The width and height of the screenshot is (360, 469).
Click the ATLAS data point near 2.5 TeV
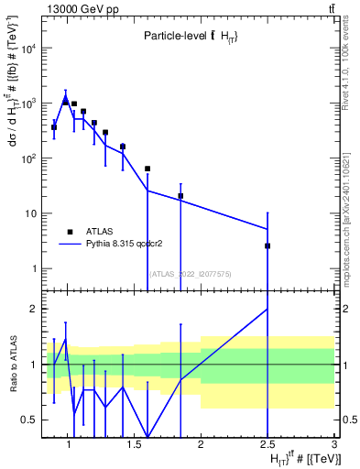click(x=267, y=245)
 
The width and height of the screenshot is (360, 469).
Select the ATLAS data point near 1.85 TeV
click(x=180, y=196)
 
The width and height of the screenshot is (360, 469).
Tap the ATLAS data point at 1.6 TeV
click(x=147, y=169)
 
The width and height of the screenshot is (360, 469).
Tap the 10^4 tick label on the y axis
click(x=28, y=49)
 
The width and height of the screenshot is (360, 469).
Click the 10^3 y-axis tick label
click(x=28, y=104)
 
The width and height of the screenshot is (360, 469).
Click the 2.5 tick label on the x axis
click(x=267, y=445)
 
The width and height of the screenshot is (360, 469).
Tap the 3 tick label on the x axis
click(x=334, y=445)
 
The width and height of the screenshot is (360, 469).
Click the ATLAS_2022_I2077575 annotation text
click(x=191, y=273)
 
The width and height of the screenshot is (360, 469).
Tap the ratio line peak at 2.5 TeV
click(x=267, y=309)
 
